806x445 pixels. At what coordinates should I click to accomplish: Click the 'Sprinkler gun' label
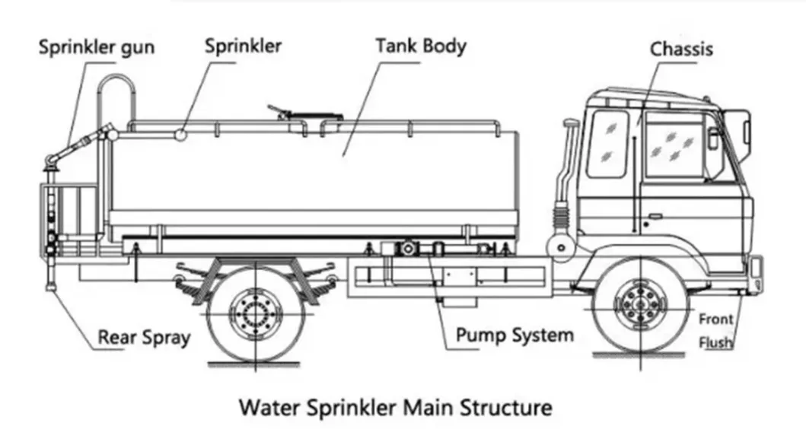point(97,48)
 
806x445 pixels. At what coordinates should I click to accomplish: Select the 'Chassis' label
point(681,49)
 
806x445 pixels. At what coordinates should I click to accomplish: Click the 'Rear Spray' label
point(143,337)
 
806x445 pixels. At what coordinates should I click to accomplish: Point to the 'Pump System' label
point(515,334)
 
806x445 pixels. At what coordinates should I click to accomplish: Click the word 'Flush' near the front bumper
point(715,342)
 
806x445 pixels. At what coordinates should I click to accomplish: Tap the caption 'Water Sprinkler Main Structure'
point(396,407)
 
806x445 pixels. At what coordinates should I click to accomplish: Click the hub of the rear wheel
point(256,310)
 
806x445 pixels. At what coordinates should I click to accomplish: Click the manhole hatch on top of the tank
point(304,116)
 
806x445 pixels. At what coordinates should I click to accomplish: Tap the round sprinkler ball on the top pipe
point(182,135)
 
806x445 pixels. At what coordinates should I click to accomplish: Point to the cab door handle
point(653,216)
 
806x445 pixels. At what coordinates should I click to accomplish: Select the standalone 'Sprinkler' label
point(243,45)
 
